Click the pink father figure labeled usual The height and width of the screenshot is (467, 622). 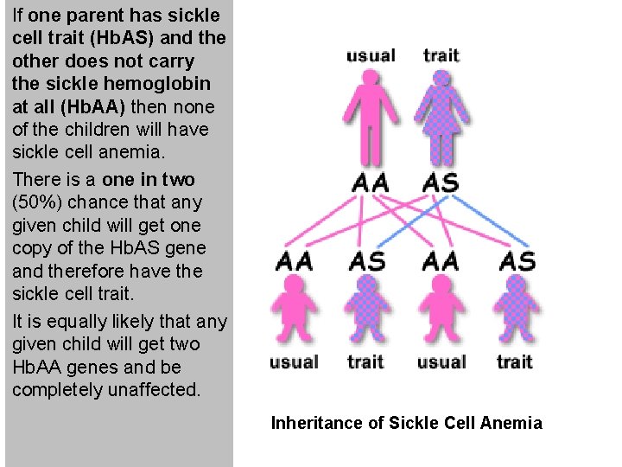coord(371,117)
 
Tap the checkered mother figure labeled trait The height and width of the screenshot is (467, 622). coord(441,117)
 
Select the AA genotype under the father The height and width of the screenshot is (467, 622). coord(371,183)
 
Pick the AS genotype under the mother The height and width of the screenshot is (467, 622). coord(441,183)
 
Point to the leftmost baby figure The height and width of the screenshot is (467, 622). coord(294,311)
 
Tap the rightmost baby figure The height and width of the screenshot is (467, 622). coord(516,311)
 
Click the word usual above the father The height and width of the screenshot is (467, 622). coord(371,56)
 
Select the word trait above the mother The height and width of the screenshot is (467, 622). coord(441,55)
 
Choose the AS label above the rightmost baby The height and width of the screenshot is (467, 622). coord(517,260)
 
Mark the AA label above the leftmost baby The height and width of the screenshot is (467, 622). coord(294,260)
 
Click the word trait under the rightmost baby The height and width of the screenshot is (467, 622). coord(515,362)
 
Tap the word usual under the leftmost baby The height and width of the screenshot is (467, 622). coord(294,362)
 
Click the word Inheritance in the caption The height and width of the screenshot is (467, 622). coord(312,423)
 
